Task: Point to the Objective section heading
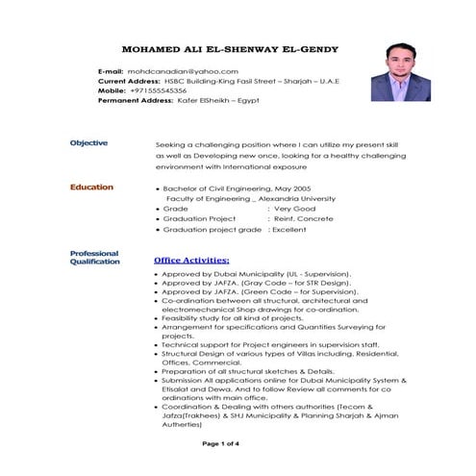[88, 142]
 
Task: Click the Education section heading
[90, 188]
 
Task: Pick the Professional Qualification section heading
[94, 257]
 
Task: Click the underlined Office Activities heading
[191, 260]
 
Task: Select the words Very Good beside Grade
[294, 208]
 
